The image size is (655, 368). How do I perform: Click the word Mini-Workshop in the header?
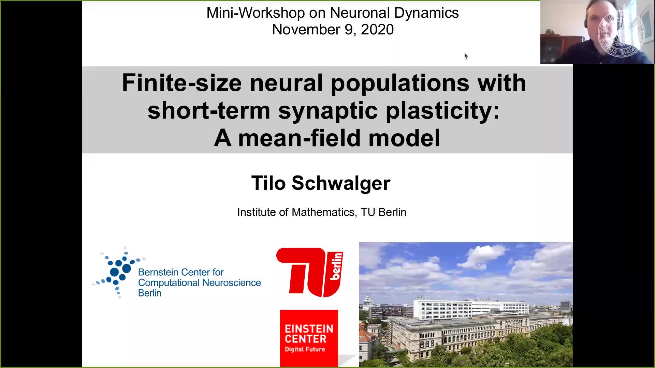256,13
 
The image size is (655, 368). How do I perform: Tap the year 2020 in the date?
377,30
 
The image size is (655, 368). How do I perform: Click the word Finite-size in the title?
182,83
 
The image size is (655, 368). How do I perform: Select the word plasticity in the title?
442,111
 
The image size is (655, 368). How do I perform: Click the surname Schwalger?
341,183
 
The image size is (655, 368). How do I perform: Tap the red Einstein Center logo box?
309,338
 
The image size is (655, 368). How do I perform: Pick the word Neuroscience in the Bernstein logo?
231,283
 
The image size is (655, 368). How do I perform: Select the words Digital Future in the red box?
305,349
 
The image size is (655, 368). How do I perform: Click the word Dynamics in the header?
426,13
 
